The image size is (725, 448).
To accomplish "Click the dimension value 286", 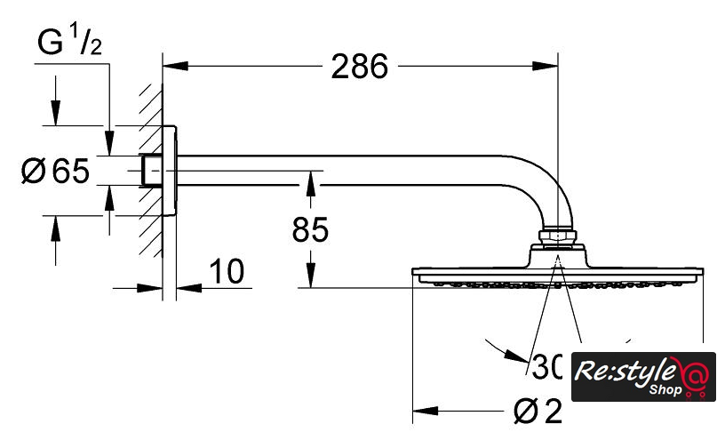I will point(360,67).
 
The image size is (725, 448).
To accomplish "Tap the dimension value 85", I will point(310,230).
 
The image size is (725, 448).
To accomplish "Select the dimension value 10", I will point(228,273).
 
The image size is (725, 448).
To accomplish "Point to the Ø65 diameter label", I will point(55,170).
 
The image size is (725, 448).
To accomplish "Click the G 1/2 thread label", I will point(70,43).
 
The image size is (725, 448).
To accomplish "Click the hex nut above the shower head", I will point(557,237).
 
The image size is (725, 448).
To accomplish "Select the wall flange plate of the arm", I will point(171,169).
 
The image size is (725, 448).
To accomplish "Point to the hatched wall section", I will point(150,169).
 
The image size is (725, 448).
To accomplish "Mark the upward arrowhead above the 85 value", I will point(310,181).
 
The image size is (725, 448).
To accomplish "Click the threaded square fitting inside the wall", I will point(152,170).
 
